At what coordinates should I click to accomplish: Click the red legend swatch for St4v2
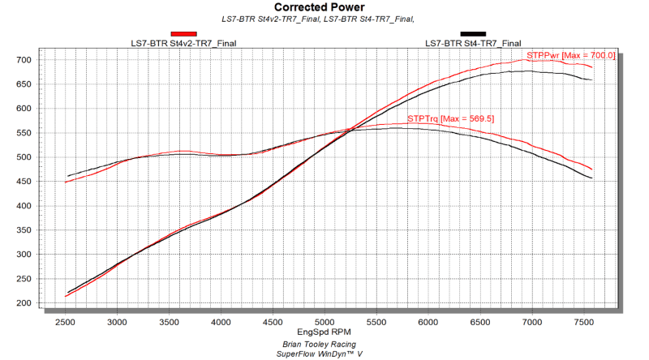[x=183, y=34]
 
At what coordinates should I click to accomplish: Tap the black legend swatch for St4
[x=473, y=34]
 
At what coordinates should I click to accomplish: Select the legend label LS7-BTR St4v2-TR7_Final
[x=183, y=43]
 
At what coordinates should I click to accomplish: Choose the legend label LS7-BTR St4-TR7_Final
[x=473, y=43]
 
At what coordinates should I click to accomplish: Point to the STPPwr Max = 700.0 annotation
[x=571, y=55]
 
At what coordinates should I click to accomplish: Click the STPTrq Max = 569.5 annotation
[x=450, y=118]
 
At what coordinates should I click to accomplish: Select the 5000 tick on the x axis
[x=324, y=322]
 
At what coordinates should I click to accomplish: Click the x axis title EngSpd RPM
[x=324, y=333]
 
